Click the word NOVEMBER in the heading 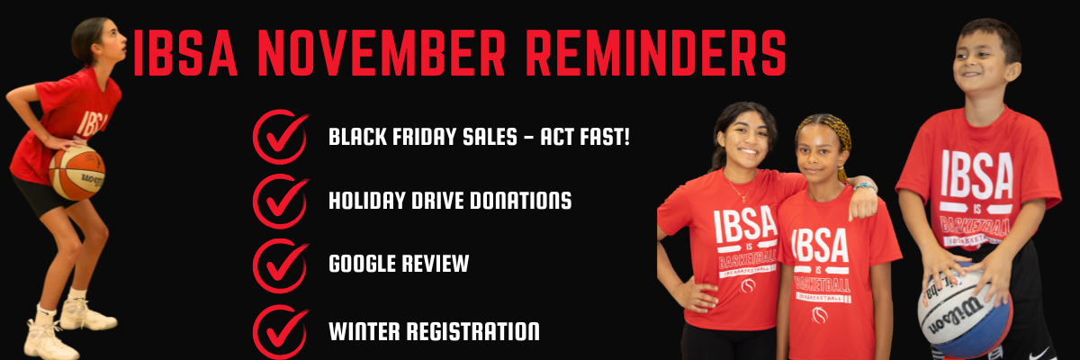pos(382,52)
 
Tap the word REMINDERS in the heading pos(656,52)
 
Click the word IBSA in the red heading pos(184,52)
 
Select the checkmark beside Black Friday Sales pos(281,137)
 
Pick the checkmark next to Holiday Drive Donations pos(281,201)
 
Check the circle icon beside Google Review pos(281,265)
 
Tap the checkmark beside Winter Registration pos(281,331)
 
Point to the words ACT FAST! pos(585,137)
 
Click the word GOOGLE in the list pos(361,264)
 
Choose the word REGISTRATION pos(473,331)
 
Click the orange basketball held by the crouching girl pos(77,174)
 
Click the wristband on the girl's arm pos(865,186)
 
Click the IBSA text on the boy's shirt pos(977,175)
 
